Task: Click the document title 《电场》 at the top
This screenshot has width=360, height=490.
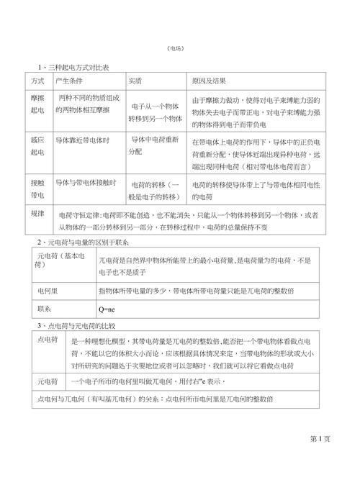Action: coord(180,48)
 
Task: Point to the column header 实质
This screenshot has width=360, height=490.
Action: coord(135,78)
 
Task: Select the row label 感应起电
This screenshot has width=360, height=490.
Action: coord(39,146)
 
